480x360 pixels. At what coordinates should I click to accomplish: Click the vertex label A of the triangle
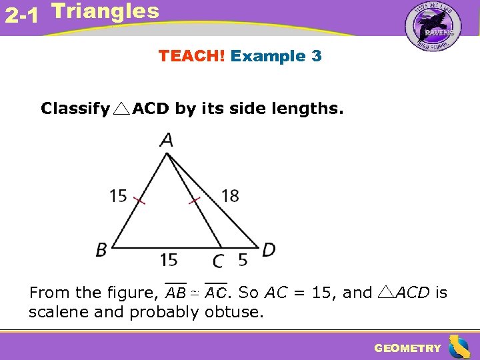click(x=167, y=141)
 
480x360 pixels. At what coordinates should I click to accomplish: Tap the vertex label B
click(x=101, y=250)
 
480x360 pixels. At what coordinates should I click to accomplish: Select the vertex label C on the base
click(x=218, y=259)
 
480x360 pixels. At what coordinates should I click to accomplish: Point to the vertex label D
click(x=269, y=250)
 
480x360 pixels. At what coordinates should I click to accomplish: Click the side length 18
click(x=230, y=195)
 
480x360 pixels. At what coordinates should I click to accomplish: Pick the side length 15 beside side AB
click(x=118, y=195)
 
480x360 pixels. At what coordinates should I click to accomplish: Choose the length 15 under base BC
click(x=169, y=258)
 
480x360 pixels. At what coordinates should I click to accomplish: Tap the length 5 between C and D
click(x=243, y=258)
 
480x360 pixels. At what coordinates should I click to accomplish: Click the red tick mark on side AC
click(x=195, y=199)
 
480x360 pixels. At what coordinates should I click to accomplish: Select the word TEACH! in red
click(x=191, y=56)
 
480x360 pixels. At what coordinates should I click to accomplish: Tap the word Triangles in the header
click(x=105, y=11)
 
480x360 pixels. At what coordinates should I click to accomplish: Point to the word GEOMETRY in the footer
click(x=407, y=348)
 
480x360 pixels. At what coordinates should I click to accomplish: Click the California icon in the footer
click(x=459, y=347)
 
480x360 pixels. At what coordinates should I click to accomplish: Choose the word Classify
click(x=75, y=109)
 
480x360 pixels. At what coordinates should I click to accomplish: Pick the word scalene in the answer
click(x=59, y=311)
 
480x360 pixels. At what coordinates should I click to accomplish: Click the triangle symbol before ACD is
click(x=387, y=292)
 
